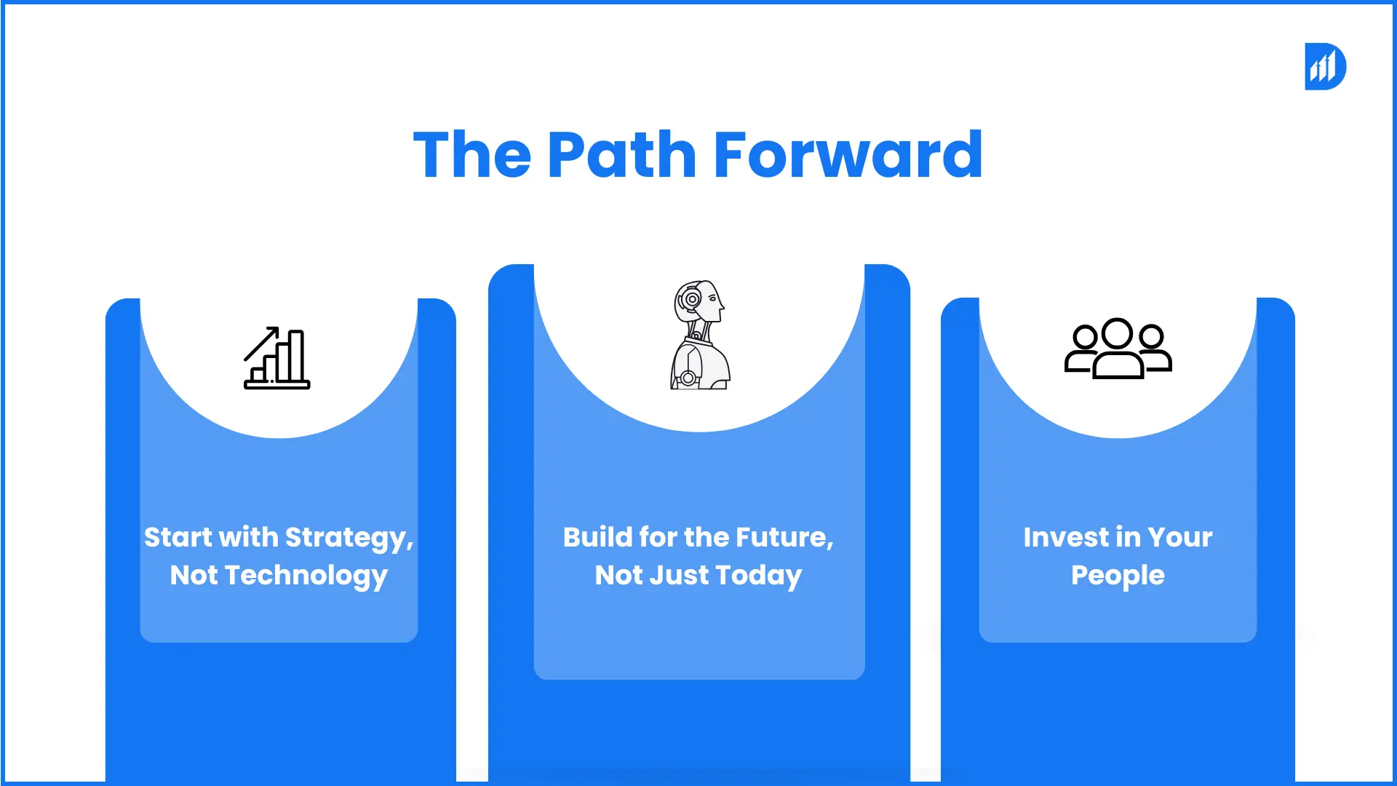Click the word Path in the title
tap(622, 154)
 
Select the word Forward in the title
tap(848, 154)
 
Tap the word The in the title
tap(472, 154)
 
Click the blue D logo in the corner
tap(1325, 66)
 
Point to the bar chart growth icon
tap(276, 358)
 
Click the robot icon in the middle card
tap(699, 335)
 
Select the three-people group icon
tap(1118, 348)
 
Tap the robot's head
tap(699, 301)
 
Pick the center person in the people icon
tap(1118, 348)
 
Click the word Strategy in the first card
tap(349, 539)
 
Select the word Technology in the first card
tap(306, 576)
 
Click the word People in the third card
tap(1118, 576)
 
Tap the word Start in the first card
tap(178, 537)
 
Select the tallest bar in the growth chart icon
tap(296, 356)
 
